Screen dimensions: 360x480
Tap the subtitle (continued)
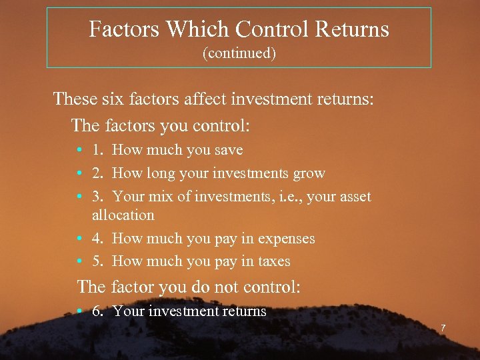pos(239,53)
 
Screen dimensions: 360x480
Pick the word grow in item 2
pos(309,173)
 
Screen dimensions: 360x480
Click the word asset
pos(354,197)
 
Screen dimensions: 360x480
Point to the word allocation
pos(123,215)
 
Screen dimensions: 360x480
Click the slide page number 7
pos(442,328)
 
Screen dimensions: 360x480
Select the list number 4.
pos(97,238)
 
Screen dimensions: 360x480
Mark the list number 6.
pos(97,311)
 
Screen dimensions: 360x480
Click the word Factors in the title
pos(124,29)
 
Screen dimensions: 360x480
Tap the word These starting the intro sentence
pos(75,99)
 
